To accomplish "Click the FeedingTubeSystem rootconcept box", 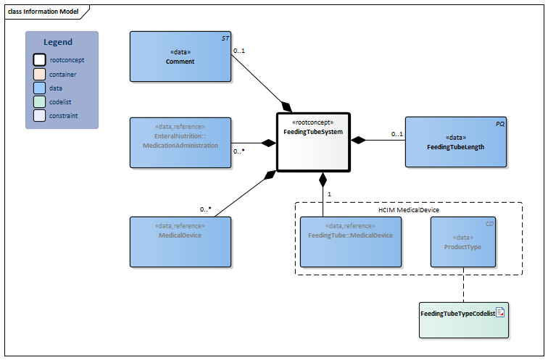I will (313, 142).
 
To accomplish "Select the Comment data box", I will (180, 56).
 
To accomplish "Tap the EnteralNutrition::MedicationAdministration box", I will (180, 142).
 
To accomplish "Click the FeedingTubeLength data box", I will (455, 142).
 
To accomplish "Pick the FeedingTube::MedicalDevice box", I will (351, 241).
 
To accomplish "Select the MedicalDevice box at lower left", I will (180, 241).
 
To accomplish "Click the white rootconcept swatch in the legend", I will (40, 60).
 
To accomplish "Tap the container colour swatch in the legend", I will (40, 74).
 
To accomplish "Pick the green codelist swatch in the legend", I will (40, 101).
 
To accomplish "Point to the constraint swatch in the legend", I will (40, 115).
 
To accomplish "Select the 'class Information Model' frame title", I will (43, 12).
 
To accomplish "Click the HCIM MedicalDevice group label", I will (409, 209).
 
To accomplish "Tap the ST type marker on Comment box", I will (225, 37).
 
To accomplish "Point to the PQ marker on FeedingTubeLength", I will (499, 123).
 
